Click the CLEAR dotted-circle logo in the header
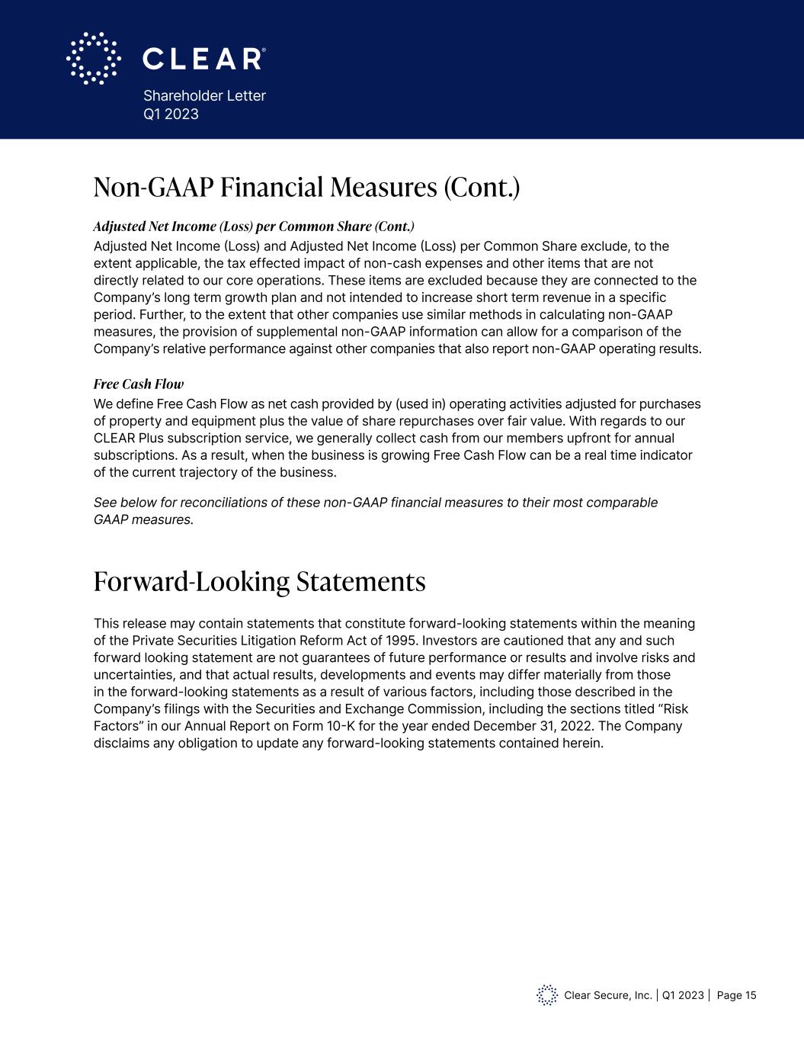pos(93,58)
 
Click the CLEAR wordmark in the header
pos(203,59)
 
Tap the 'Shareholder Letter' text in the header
pos(204,96)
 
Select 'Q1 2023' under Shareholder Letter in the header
pos(171,114)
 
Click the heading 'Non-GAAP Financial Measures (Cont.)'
pos(306,187)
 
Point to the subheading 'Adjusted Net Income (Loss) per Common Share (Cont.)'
pos(254,227)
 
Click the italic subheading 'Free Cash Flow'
pos(139,384)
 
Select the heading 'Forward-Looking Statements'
pos(259,582)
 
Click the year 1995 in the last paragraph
pos(402,641)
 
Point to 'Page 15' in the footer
pos(736,995)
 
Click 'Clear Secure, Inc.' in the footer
pos(608,995)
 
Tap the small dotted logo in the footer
pos(547,995)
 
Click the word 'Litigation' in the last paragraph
pos(283,641)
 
